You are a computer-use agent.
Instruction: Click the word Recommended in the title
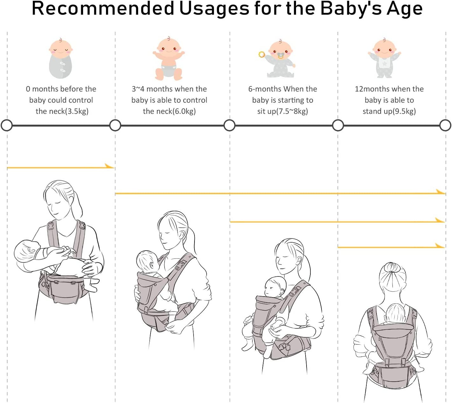point(102,9)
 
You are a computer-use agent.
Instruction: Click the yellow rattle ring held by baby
point(261,54)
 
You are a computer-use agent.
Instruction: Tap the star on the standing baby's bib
point(385,64)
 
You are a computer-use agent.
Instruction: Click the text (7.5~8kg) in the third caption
point(292,111)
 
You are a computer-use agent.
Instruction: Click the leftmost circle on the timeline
point(7,125)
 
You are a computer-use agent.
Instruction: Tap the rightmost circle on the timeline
point(445,125)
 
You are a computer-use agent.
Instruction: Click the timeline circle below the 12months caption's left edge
point(338,125)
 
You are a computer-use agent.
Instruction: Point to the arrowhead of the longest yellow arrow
point(441,192)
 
